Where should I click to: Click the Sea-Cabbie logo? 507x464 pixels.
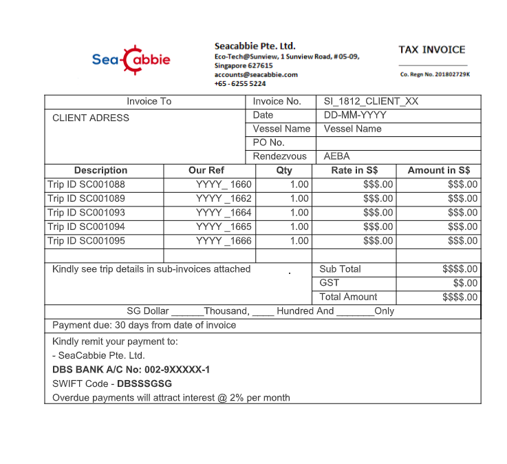131,60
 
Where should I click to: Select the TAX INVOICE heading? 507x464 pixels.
431,50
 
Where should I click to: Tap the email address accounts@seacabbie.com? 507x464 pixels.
255,74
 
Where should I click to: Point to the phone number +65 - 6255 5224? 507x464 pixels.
239,83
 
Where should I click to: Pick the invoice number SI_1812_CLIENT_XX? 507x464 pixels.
371,101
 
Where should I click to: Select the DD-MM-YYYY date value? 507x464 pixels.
355,115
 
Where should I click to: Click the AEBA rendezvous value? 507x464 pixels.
336,156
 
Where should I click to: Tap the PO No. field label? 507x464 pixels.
268,143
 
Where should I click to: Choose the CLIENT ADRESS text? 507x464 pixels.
91,118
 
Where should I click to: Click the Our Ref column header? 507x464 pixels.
206,170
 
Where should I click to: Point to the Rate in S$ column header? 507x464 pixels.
354,170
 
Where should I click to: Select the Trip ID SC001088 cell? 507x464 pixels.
86,184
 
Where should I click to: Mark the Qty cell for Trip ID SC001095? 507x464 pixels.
299,241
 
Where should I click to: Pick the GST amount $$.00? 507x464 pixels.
465,283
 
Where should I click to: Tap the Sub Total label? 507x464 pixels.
340,269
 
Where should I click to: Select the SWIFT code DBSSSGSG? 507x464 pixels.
144,383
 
